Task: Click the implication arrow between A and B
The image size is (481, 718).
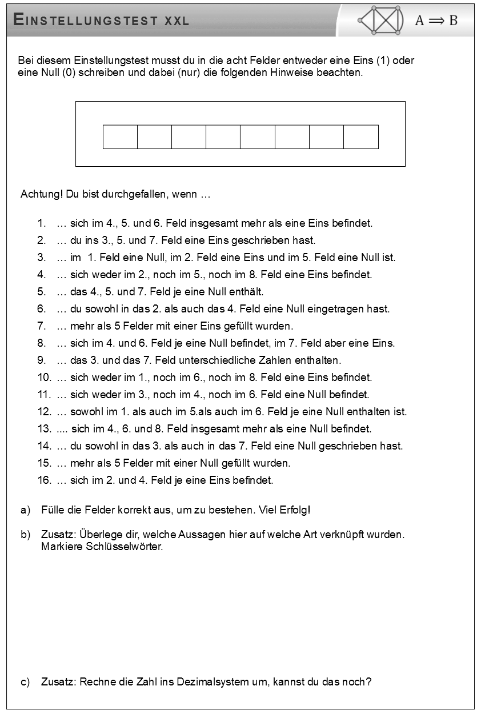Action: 436,21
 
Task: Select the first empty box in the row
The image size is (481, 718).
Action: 120,137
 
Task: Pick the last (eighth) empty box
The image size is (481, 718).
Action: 361,137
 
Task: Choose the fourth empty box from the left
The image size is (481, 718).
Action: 223,137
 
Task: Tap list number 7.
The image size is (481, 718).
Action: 41,326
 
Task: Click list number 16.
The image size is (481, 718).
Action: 44,480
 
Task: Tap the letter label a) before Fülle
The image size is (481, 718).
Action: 25,510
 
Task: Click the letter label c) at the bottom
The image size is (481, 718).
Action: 25,682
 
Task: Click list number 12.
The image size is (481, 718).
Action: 44,412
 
